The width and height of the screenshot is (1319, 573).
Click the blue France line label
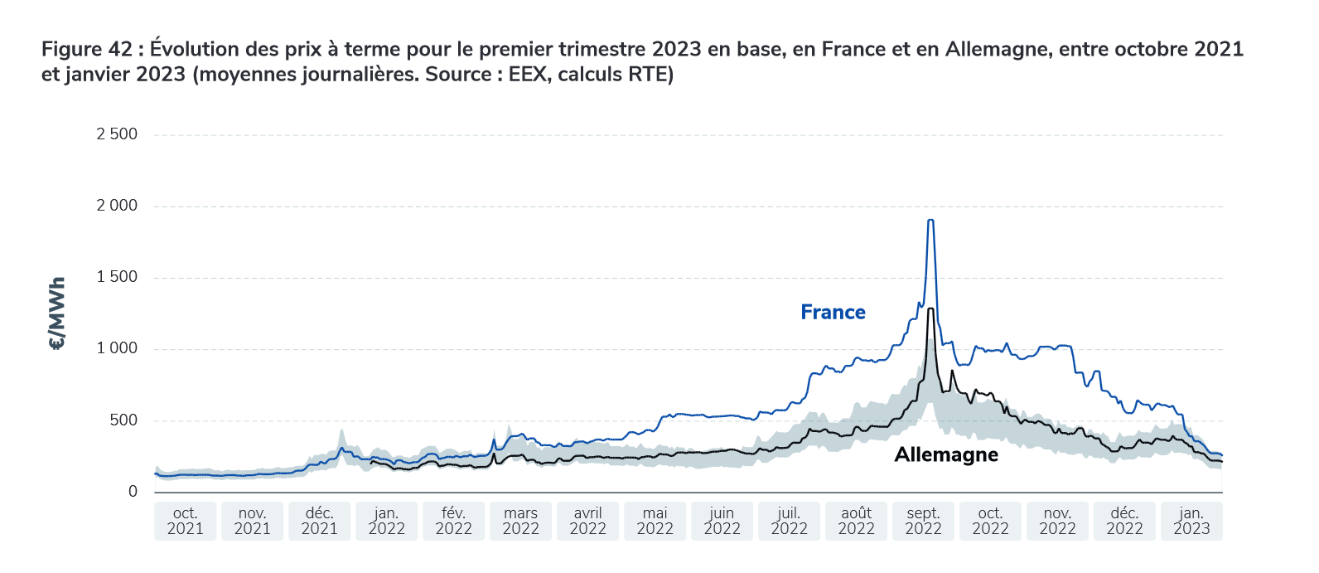(x=833, y=313)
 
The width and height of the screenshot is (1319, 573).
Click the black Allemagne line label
(x=946, y=455)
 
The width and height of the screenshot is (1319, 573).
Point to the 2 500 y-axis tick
(x=117, y=134)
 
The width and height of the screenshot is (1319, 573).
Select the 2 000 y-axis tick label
(x=117, y=206)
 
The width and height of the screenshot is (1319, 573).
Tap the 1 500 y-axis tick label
(x=117, y=277)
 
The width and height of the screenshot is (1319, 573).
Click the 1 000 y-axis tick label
(x=117, y=348)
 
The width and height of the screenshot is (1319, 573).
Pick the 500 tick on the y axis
(x=122, y=420)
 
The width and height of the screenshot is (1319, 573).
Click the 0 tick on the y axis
(x=133, y=492)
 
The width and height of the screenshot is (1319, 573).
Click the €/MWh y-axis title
(x=57, y=313)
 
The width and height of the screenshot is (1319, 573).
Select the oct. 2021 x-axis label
(x=185, y=522)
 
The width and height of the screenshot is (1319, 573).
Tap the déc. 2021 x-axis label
(x=319, y=522)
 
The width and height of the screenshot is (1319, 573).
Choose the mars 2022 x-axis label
(x=520, y=522)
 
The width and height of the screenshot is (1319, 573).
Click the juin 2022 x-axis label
(x=722, y=522)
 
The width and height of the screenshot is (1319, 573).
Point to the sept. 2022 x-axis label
(x=923, y=522)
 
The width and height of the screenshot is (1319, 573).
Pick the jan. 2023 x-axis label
(x=1191, y=522)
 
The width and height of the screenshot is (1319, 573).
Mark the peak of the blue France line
(x=930, y=221)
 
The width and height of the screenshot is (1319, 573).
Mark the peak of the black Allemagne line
(x=931, y=309)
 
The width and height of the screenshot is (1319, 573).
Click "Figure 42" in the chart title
(x=87, y=50)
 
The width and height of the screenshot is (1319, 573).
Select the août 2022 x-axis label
(x=856, y=522)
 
